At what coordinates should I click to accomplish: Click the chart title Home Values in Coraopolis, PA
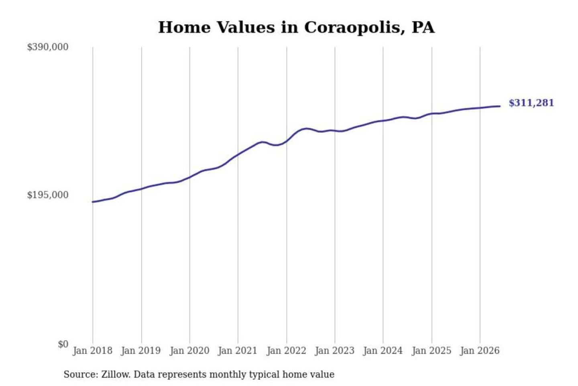[296, 27]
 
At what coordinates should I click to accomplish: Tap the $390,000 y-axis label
[48, 47]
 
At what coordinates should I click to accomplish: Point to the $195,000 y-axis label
[48, 195]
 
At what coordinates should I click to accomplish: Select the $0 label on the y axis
[63, 344]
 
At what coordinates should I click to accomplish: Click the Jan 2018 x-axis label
[93, 351]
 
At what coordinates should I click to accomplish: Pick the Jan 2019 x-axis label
[141, 351]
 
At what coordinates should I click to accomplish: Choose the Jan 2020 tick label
[189, 351]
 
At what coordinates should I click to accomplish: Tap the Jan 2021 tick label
[238, 351]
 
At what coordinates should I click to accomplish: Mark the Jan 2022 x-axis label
[287, 351]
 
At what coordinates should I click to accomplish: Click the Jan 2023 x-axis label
[335, 351]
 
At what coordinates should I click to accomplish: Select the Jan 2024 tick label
[383, 351]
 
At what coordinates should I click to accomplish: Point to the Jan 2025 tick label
[431, 351]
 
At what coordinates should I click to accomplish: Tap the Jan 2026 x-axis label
[480, 351]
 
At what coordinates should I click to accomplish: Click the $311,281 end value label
[531, 103]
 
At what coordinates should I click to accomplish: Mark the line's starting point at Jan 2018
[93, 202]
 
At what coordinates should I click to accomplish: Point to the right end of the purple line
[500, 106]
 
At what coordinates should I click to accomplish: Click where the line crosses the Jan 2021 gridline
[238, 155]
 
